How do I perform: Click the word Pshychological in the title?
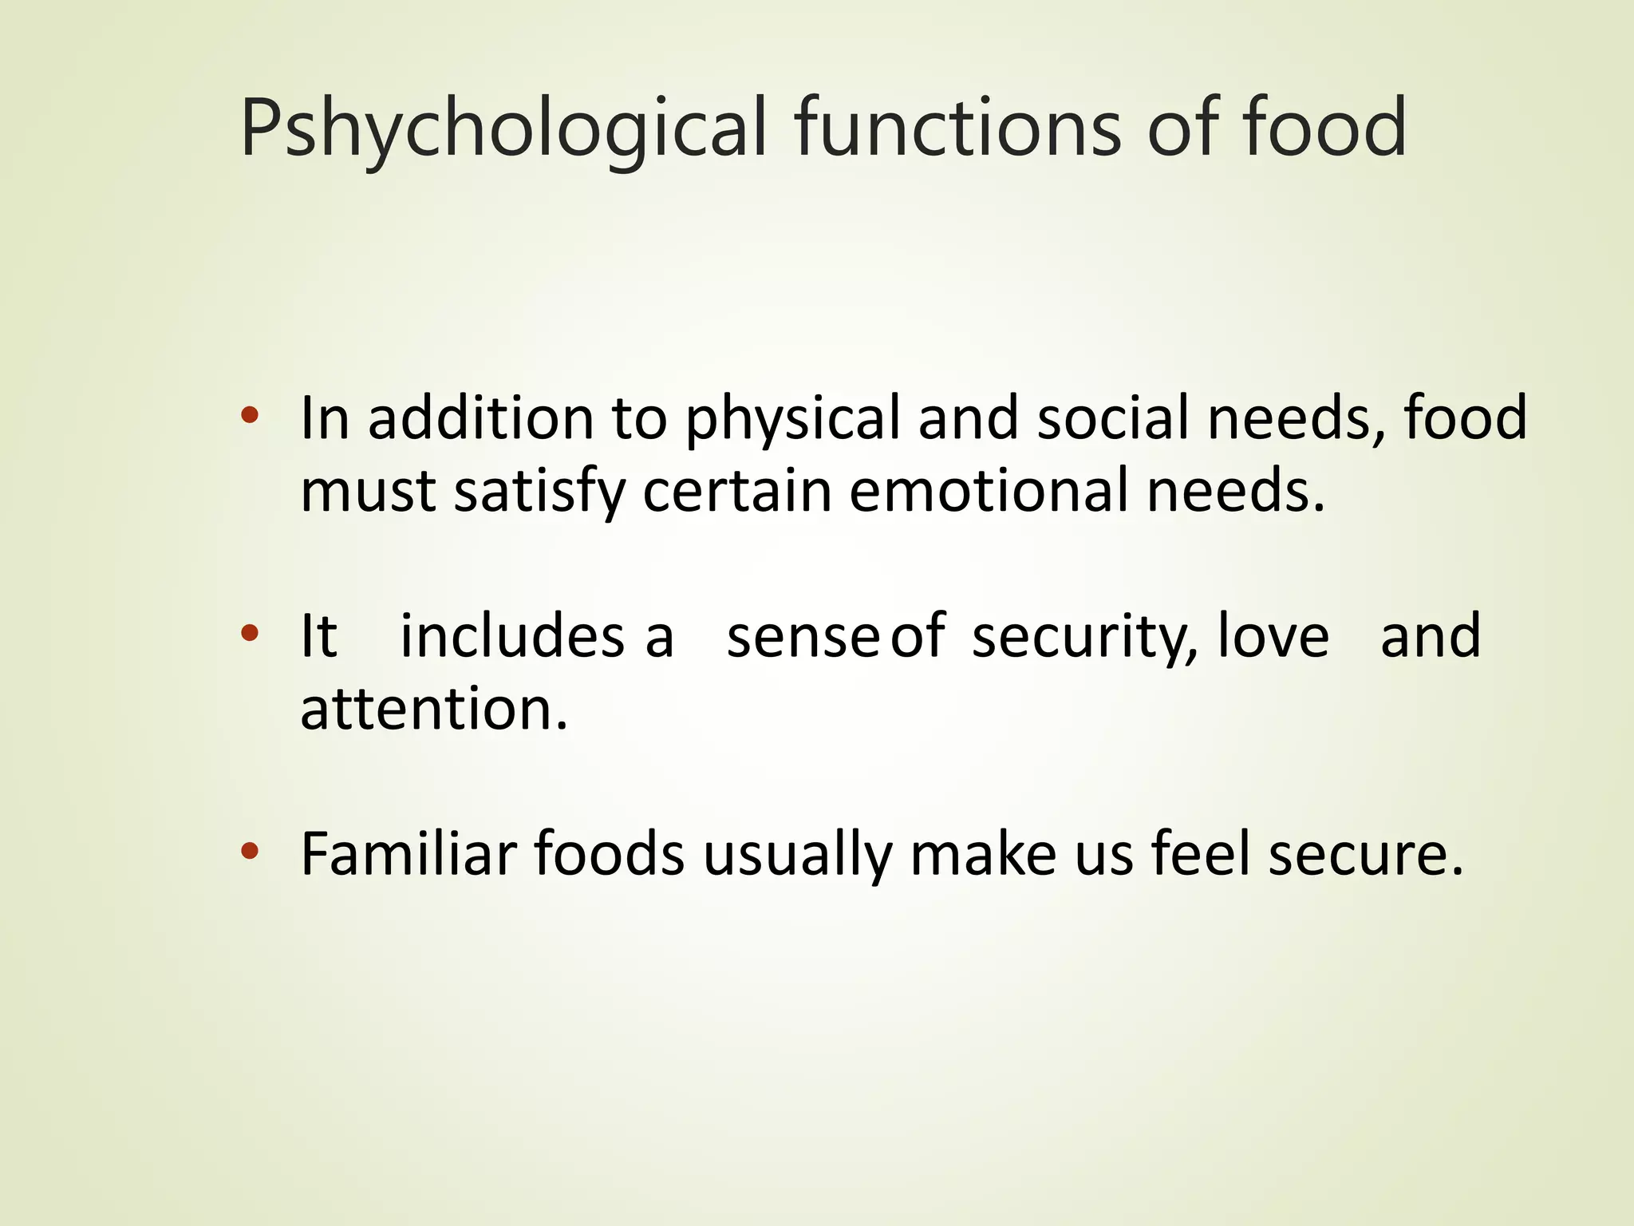503,128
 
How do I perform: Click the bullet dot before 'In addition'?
250,415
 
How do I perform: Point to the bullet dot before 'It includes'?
250,634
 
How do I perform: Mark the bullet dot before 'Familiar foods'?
250,852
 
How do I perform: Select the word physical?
792,419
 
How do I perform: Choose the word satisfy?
539,492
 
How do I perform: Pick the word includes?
512,636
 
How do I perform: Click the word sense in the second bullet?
803,637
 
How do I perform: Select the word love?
1273,636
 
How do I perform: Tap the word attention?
433,709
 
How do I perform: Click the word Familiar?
408,854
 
